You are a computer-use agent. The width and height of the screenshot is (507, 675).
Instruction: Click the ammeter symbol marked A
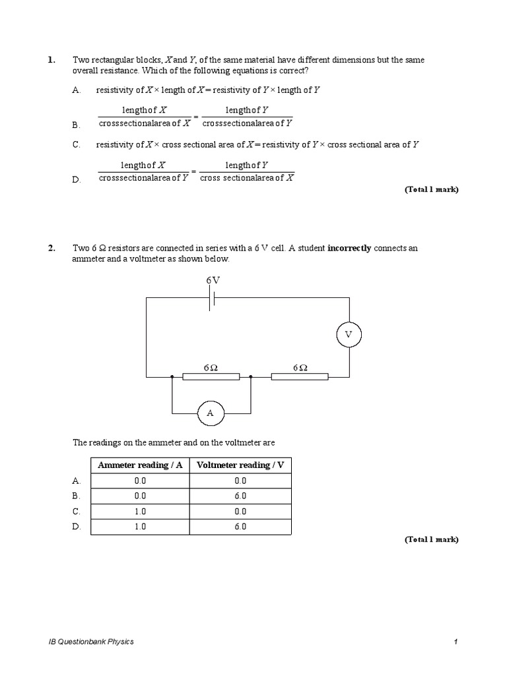[211, 413]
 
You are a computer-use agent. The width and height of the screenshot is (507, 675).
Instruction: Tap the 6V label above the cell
[213, 280]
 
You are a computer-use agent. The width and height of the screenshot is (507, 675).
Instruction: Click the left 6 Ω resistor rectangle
[211, 377]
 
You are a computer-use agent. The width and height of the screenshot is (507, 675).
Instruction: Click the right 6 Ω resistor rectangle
[300, 377]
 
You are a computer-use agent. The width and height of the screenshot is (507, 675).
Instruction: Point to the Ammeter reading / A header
[139, 465]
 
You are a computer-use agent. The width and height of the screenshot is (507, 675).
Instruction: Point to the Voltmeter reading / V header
[240, 465]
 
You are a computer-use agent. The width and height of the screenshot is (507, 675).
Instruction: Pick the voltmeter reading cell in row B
[240, 496]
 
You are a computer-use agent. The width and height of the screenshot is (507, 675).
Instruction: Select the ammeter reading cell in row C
[139, 512]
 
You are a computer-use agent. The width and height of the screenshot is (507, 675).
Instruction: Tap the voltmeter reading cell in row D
[240, 527]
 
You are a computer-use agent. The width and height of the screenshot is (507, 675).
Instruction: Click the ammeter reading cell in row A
[139, 481]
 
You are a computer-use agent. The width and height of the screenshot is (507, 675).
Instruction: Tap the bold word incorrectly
[349, 249]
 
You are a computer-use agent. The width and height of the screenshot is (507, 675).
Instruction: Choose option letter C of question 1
[77, 144]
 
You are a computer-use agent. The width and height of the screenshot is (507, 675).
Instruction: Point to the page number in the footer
[456, 642]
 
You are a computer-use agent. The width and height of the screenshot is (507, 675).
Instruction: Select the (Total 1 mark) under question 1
[431, 190]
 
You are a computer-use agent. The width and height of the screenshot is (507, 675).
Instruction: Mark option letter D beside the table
[77, 527]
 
